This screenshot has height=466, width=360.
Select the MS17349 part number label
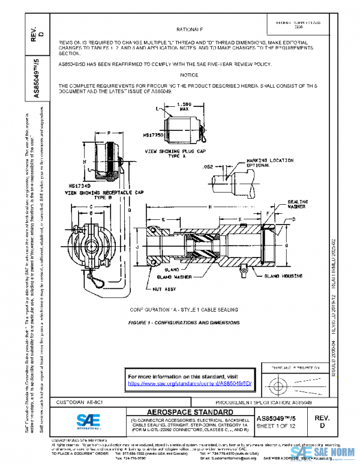click(79, 187)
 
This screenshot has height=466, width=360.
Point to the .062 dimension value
click(208, 166)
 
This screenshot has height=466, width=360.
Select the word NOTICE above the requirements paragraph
click(189, 75)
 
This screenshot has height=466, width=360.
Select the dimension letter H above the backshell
click(210, 207)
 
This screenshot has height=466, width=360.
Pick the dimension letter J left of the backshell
click(138, 247)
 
